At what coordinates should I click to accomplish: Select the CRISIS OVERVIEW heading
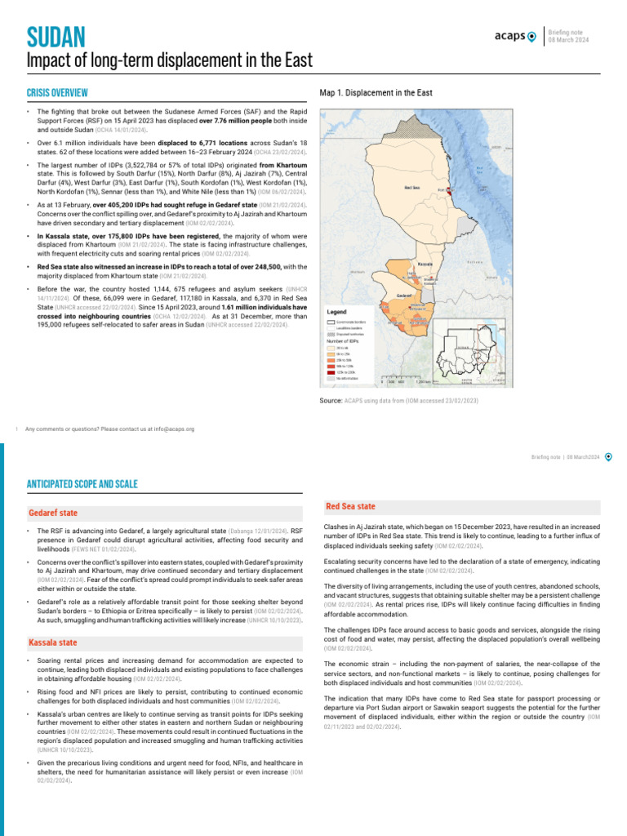pos(57,93)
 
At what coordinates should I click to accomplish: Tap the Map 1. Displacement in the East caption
pos(376,93)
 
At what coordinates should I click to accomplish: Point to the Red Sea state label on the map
pos(413,187)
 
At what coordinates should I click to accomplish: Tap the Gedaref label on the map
pos(403,295)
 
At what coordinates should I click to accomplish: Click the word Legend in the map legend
pos(337,312)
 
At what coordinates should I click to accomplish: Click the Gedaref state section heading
pos(54,512)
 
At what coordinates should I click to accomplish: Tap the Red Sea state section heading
pos(350,507)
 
